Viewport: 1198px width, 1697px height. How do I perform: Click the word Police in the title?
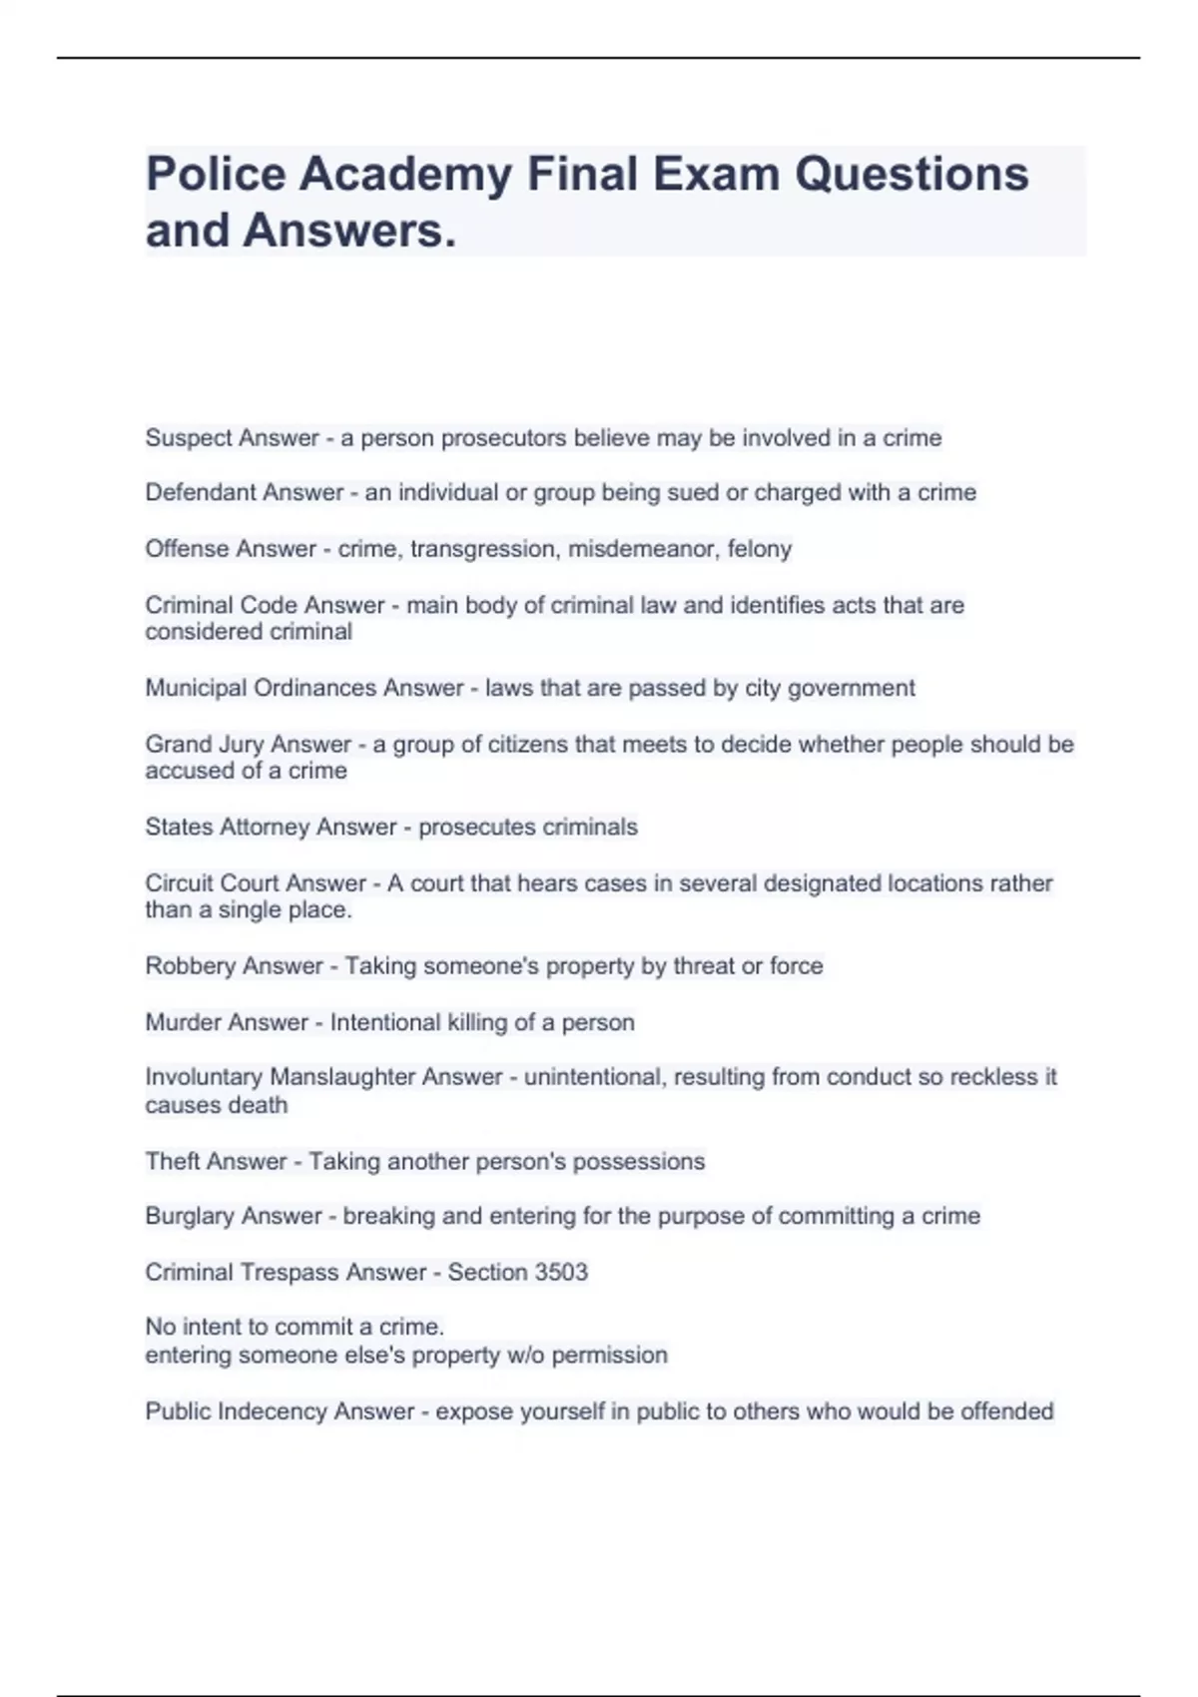coord(215,174)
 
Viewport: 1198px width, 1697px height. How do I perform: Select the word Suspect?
coord(181,438)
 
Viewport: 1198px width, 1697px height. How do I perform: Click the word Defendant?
coord(194,492)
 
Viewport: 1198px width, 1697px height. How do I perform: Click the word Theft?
coord(173,1161)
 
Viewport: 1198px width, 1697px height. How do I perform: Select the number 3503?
coord(561,1272)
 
